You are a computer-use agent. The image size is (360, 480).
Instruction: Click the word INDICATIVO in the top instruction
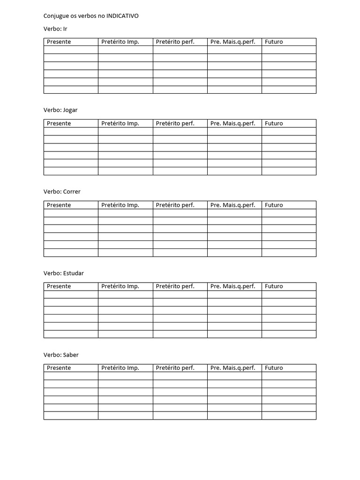(122, 16)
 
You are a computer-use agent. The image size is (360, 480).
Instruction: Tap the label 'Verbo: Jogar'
(60, 110)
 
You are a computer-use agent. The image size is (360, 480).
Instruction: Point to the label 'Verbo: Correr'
(62, 192)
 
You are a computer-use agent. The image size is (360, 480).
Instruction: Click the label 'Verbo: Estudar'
(64, 273)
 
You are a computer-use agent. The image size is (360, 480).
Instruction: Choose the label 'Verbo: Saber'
(61, 355)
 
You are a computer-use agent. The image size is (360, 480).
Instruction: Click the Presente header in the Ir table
(59, 42)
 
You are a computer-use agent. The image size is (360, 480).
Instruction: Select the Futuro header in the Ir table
(274, 42)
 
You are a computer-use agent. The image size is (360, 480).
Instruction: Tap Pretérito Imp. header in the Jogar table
(120, 123)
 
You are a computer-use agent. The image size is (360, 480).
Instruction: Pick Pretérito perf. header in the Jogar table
(175, 123)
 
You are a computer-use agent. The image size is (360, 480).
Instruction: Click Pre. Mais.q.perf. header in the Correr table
(232, 205)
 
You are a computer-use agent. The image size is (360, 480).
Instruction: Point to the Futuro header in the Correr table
(274, 205)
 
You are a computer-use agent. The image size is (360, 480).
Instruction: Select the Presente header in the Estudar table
(59, 286)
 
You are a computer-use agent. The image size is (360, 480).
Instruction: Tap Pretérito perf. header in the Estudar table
(175, 286)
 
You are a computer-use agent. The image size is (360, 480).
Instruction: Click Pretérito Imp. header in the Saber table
(120, 368)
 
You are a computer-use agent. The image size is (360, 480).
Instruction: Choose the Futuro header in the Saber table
(274, 368)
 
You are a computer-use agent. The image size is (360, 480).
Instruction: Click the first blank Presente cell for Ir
(71, 50)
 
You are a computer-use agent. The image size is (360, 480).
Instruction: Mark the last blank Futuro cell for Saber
(289, 416)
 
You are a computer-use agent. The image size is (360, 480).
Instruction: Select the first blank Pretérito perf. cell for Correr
(180, 213)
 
